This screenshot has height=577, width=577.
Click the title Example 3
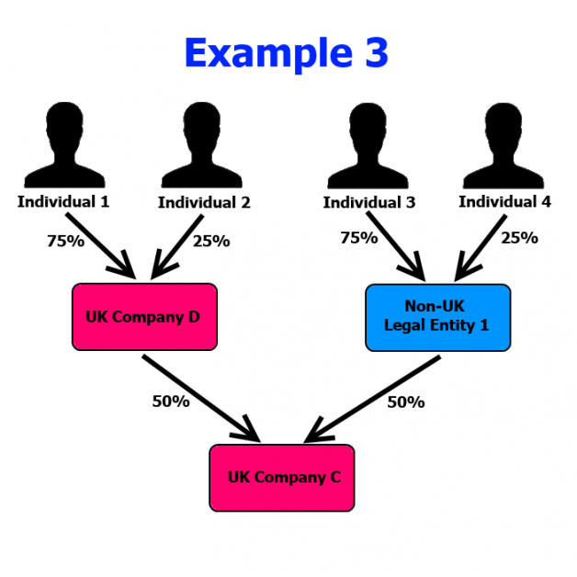[286, 53]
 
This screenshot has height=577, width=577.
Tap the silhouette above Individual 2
[202, 147]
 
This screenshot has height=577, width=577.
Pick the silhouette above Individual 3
[367, 147]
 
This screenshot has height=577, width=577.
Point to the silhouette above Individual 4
[504, 147]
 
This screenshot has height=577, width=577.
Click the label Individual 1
[63, 200]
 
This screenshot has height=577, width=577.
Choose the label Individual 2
[204, 202]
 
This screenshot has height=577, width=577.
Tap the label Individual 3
[368, 202]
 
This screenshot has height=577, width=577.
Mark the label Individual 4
[505, 201]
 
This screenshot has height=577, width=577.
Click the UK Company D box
[143, 317]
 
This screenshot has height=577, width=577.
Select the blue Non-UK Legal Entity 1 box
[437, 317]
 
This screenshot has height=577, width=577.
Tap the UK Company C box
[282, 478]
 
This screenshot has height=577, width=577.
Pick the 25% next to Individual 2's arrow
[210, 242]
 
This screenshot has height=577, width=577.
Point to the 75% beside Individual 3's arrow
[358, 237]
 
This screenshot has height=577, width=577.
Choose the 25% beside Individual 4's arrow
[519, 237]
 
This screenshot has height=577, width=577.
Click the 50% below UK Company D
[171, 401]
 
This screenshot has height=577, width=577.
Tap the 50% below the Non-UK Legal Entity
[405, 401]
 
